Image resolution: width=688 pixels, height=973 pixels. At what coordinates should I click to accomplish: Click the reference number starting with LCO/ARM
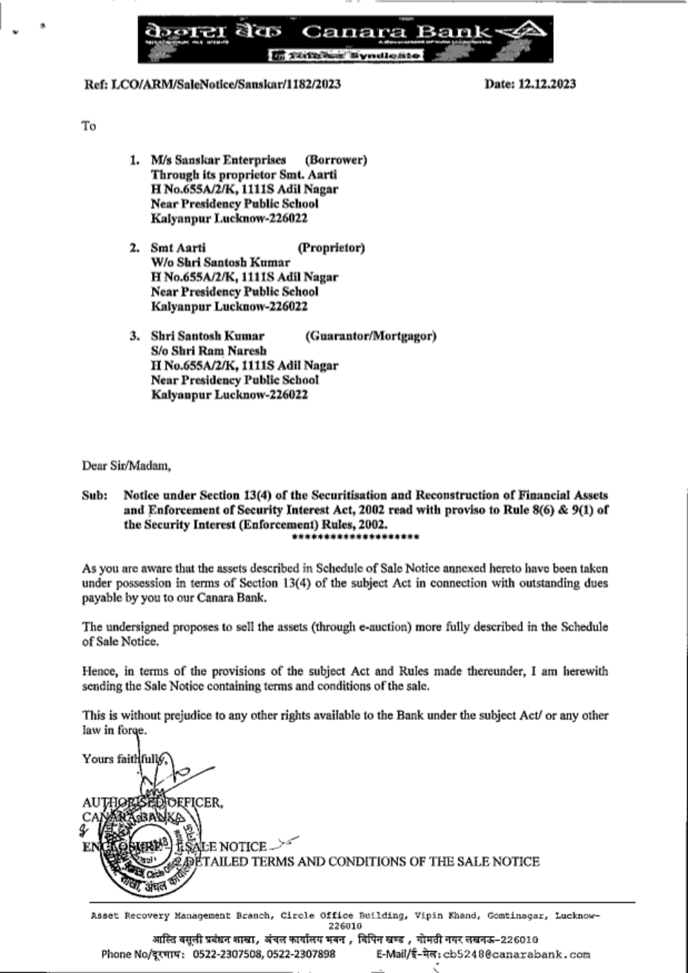(212, 84)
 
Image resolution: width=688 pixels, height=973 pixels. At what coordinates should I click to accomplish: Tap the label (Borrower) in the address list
(336, 160)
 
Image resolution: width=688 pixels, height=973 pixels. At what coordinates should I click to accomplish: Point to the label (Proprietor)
(331, 248)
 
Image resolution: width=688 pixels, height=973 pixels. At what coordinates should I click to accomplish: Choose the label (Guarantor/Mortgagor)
(370, 336)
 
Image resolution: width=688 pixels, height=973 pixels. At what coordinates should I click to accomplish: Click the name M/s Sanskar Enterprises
(218, 160)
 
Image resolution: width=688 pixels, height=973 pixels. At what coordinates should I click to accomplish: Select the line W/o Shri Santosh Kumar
(220, 262)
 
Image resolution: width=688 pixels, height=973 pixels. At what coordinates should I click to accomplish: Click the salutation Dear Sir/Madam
(126, 466)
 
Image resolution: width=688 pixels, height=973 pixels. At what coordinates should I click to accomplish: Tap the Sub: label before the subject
(94, 495)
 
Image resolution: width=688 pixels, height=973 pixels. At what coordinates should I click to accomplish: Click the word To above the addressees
(89, 126)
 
